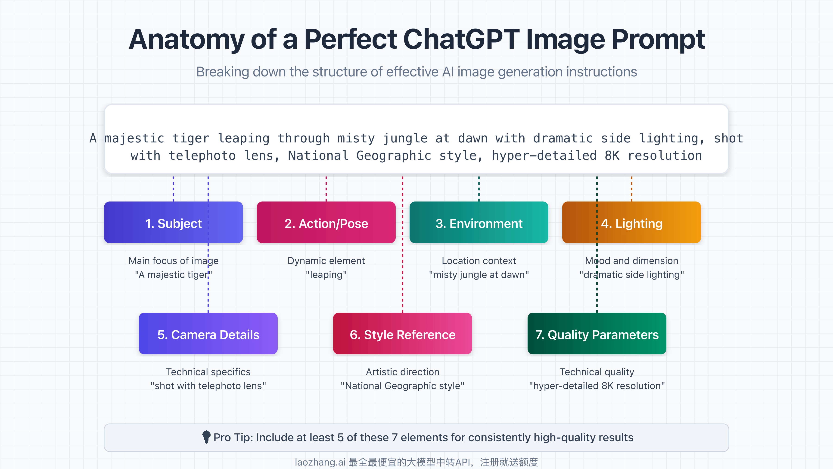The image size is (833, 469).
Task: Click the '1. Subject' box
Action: tap(173, 223)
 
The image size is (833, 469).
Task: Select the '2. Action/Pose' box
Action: tap(326, 223)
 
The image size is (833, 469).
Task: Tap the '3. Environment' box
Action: tap(479, 223)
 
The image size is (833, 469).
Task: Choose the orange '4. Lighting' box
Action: tap(631, 223)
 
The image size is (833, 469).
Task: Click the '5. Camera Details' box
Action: tap(208, 334)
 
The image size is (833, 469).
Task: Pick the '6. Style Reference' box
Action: tap(402, 334)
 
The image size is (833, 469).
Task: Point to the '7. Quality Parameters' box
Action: tap(597, 334)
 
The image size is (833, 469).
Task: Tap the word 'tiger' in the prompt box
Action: tap(191, 138)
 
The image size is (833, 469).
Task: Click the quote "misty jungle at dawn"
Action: tap(479, 275)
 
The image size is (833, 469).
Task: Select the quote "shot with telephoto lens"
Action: tap(208, 386)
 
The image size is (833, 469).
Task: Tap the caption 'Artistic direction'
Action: tap(402, 372)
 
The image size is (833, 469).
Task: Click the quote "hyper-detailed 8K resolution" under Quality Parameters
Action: tap(597, 386)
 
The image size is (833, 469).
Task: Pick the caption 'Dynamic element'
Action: tap(326, 261)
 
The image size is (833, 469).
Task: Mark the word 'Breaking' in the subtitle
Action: tap(222, 72)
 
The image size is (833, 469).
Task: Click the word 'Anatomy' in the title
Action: tap(186, 39)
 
